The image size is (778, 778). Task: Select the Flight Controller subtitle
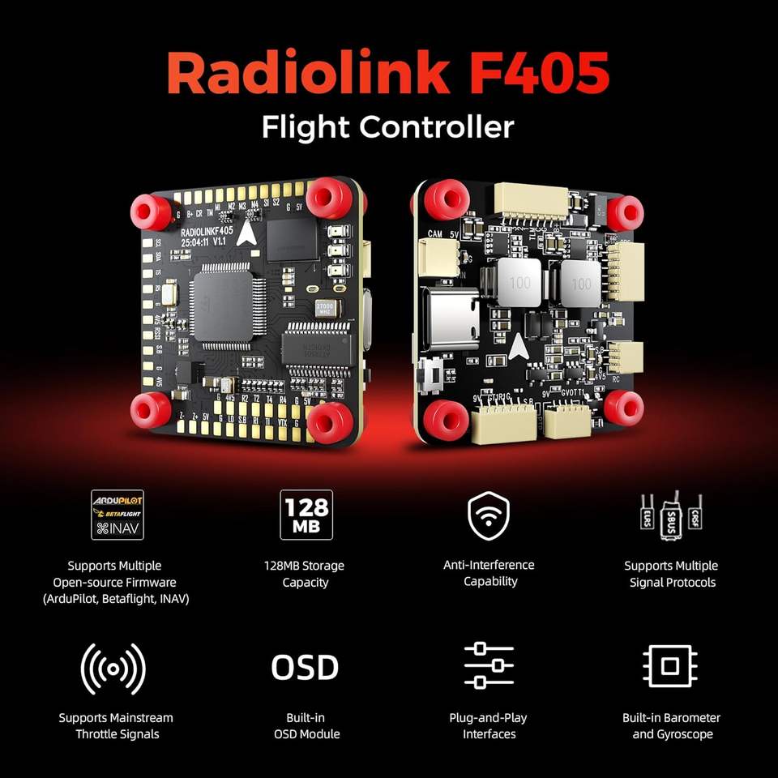click(x=388, y=127)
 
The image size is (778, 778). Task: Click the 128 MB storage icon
click(x=306, y=515)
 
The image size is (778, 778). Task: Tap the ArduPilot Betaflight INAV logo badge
click(x=118, y=515)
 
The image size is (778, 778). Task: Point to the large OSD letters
click(x=305, y=668)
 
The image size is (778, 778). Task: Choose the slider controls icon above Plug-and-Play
click(x=489, y=666)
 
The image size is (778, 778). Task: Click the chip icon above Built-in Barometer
click(x=669, y=666)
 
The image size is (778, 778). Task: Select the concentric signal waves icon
click(x=113, y=668)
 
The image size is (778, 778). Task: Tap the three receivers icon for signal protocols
click(x=670, y=512)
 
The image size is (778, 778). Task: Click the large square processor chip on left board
click(x=223, y=305)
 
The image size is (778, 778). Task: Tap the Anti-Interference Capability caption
click(x=489, y=573)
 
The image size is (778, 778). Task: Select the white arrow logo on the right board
click(x=516, y=347)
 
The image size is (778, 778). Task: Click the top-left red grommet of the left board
click(x=152, y=211)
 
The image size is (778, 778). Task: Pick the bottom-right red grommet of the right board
click(x=623, y=407)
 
